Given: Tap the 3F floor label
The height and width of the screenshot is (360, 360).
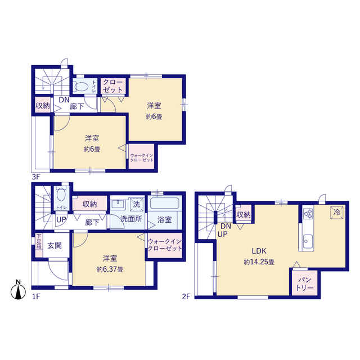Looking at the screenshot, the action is coord(36,177).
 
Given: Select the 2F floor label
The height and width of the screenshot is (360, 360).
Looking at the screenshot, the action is coord(186,296).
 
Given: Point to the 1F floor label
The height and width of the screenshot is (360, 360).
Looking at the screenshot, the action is coord(36,296).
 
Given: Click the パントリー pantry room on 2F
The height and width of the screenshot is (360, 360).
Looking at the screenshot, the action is coord(305,283).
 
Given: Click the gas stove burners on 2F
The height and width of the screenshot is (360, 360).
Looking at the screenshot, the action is coord(308,214).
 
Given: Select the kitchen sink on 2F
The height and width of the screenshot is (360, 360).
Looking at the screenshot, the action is coord(308,241).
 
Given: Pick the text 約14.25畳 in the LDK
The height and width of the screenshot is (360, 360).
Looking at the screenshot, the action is coord(259,262).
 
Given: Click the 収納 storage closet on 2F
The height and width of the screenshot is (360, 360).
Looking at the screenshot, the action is coord(244,214).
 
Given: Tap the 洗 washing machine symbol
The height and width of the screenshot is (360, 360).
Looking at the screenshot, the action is coord(137,204).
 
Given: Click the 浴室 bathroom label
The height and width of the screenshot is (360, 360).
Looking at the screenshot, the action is coord(165,219).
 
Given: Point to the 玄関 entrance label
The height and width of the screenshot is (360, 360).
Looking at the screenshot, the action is coord(55,245).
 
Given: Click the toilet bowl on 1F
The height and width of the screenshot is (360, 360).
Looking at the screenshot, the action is coord(61,195).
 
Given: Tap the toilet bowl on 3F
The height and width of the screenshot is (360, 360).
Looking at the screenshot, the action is coord(81,87).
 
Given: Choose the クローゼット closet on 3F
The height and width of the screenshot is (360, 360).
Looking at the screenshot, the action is coord(113,86).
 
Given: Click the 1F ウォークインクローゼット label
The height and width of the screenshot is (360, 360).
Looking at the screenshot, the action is coord(165,245).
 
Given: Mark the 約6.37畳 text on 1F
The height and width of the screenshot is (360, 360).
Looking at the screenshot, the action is coord(110,269).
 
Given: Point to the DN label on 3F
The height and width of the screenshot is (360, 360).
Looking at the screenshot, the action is coord(64,100).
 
